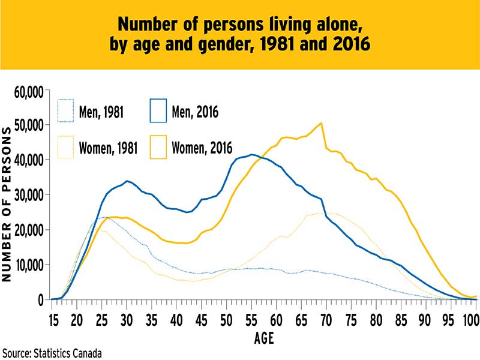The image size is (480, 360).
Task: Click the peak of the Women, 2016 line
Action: pos(322,123)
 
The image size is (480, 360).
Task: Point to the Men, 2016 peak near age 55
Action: pos(252,154)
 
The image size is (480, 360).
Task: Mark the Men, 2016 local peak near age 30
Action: pos(127,181)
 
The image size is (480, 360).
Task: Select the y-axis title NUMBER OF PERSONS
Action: pos(8,204)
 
